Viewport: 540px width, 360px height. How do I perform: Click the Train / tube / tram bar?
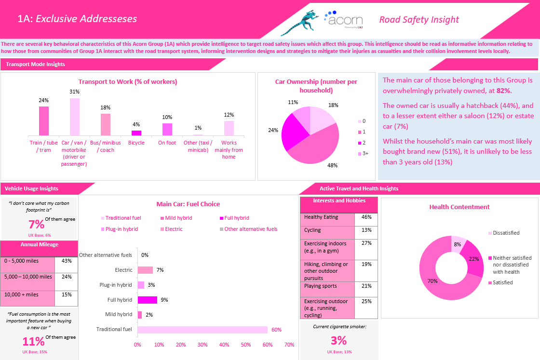click(44, 121)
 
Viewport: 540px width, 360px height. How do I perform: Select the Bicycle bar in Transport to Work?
click(136, 133)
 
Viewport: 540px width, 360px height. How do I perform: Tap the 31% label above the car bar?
click(75, 92)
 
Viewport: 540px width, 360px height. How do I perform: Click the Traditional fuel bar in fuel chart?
click(202, 330)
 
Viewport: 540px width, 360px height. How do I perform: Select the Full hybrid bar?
click(148, 300)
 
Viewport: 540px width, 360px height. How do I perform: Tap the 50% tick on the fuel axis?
click(246, 345)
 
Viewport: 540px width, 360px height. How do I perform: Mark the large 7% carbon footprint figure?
click(36, 224)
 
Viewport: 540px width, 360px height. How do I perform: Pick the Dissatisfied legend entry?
click(504, 233)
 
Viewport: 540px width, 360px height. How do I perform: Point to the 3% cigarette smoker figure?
click(338, 341)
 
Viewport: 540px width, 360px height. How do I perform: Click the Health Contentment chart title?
click(459, 207)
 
